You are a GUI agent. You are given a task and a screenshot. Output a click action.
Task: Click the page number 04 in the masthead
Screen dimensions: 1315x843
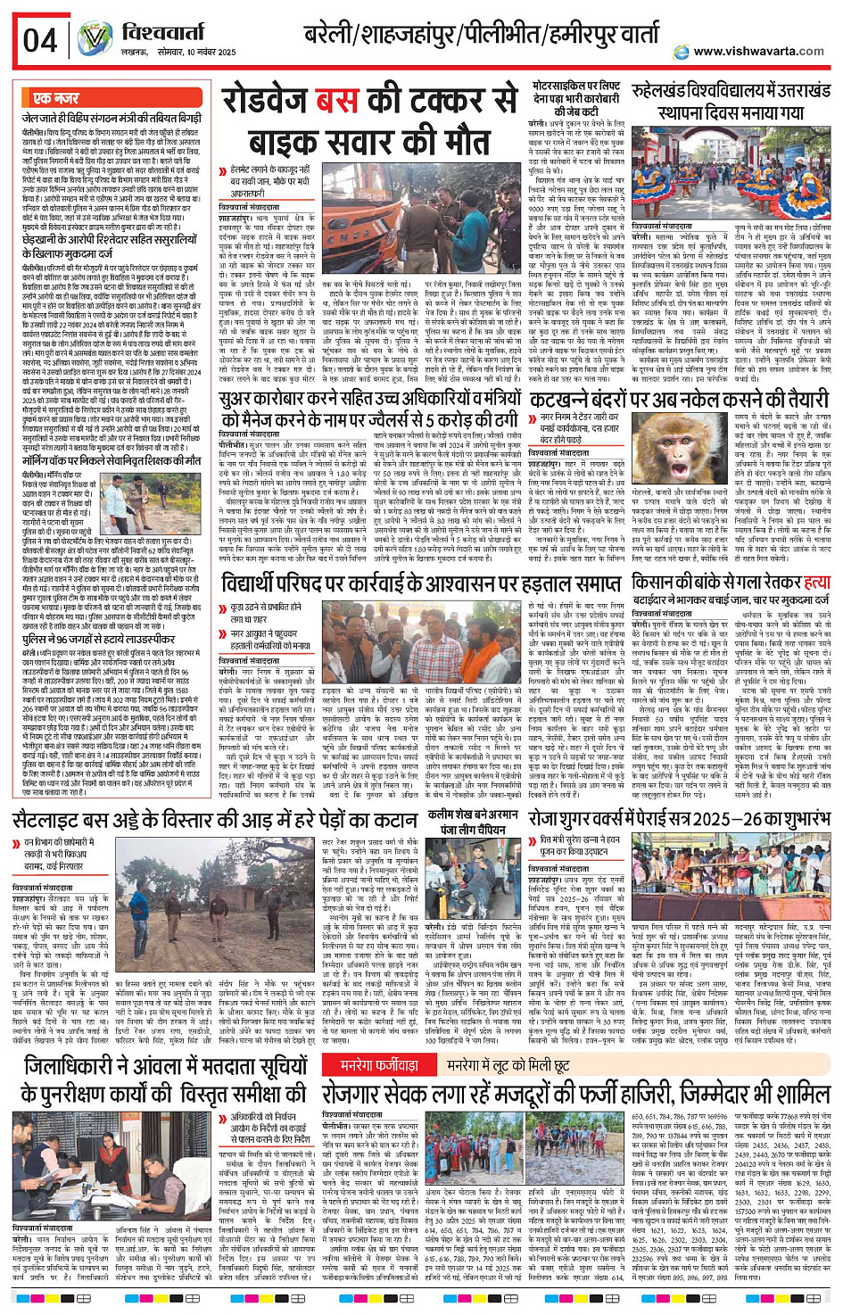tap(40, 40)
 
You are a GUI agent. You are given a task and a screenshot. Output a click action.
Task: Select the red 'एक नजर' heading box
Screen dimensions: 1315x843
tap(56, 98)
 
